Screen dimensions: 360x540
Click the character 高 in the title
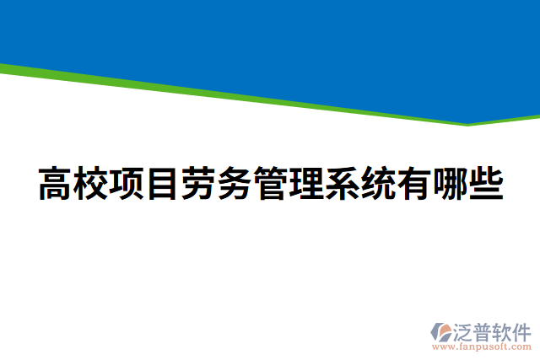tap(56, 185)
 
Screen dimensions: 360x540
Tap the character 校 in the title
tap(91, 185)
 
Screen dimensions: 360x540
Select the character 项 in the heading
tap(127, 185)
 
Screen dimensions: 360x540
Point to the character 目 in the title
tap(163, 185)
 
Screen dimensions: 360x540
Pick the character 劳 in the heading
tap(199, 185)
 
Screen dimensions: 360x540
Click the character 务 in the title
tap(235, 185)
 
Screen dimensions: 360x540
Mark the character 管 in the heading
tap(271, 185)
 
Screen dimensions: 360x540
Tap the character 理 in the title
tap(306, 185)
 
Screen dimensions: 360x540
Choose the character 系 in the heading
tap(343, 185)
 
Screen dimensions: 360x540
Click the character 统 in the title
tap(378, 185)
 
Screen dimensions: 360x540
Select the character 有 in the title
tap(414, 185)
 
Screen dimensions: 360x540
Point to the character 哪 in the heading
tap(450, 185)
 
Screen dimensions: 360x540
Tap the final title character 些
tap(486, 185)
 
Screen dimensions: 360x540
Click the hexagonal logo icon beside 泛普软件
tap(440, 331)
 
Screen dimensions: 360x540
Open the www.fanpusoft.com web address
tap(483, 346)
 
